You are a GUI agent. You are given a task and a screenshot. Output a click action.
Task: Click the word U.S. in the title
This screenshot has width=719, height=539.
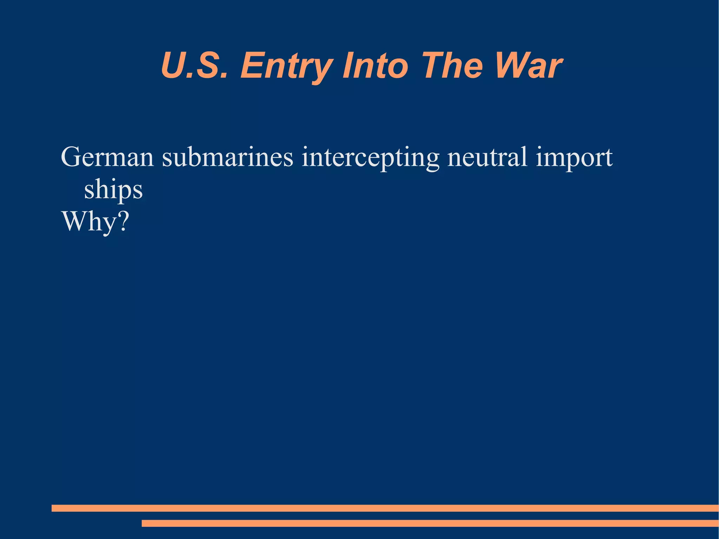pyautogui.click(x=194, y=65)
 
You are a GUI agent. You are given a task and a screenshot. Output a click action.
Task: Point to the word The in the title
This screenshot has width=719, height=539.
pyautogui.click(x=453, y=65)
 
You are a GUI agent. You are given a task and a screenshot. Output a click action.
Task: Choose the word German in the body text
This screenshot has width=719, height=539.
pyautogui.click(x=107, y=157)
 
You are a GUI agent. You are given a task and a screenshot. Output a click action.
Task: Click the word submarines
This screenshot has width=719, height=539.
pyautogui.click(x=227, y=157)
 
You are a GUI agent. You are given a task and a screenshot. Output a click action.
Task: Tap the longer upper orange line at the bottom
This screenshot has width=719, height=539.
pyautogui.click(x=385, y=508)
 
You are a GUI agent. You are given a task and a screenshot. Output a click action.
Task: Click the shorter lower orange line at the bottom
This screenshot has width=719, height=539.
pyautogui.click(x=430, y=523)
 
